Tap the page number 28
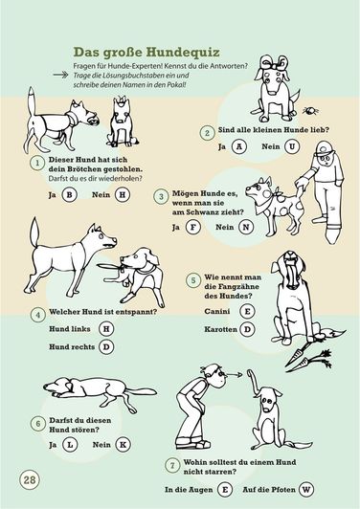pos(30,479)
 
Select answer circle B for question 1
pos(69,195)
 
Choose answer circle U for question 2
pos(292,146)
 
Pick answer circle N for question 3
pos(246,227)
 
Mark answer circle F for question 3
pos(193,227)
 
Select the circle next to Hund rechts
pos(106,346)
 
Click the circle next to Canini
pos(247,311)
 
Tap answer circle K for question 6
pos(124,445)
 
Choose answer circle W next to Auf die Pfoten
pos(306,490)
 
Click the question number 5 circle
pos(193,280)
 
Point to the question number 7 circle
pos(172,466)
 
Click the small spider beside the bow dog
pos(310,111)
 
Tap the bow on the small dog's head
pos(274,62)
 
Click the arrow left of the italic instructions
pos(60,75)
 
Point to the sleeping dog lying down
pos(100,392)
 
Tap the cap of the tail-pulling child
pos(323,147)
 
